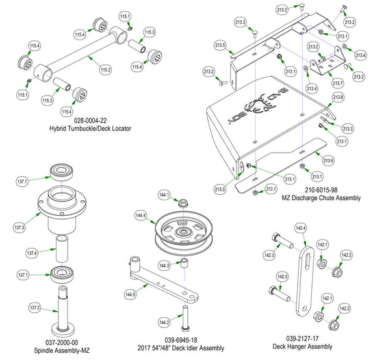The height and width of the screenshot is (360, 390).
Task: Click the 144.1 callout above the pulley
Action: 163,195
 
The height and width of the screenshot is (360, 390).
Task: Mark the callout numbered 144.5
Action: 131,294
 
